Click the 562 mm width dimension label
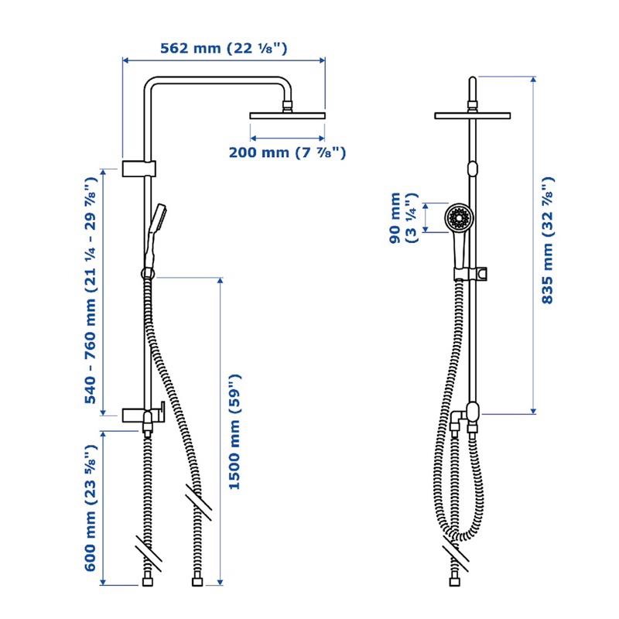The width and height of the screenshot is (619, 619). click(224, 49)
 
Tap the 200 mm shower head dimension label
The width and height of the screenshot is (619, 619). click(287, 152)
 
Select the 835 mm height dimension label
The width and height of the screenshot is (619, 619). click(548, 240)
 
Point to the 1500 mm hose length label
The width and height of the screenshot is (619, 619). click(234, 432)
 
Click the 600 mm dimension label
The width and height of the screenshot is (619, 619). click(91, 508)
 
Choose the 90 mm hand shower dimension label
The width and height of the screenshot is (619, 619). click(403, 217)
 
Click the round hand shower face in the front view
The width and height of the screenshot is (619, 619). click(459, 217)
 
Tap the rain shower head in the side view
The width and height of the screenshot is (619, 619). click(287, 115)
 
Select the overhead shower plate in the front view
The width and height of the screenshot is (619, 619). click(473, 115)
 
